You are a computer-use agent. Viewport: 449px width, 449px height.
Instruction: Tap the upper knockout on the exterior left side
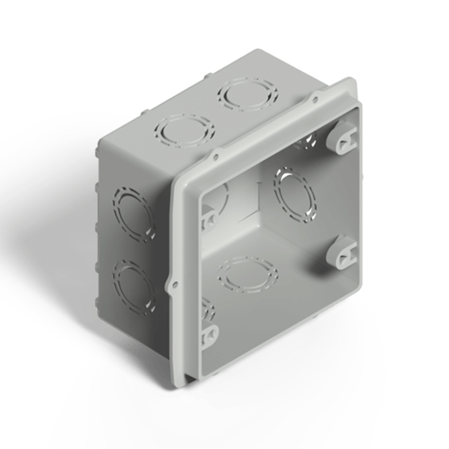134,214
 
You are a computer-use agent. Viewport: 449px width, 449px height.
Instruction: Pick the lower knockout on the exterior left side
134,287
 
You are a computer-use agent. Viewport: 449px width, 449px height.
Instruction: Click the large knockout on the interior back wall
295,194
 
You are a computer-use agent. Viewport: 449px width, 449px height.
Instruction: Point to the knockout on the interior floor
248,274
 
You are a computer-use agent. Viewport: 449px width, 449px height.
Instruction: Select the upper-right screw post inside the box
342,137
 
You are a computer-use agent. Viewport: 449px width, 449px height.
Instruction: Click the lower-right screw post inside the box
342,252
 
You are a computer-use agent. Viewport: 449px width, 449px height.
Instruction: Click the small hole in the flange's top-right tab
315,100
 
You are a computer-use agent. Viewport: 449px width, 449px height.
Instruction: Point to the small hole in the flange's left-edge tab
175,285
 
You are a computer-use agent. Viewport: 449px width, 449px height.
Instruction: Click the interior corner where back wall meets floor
259,212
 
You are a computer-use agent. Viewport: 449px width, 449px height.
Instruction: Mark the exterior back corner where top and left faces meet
102,141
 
